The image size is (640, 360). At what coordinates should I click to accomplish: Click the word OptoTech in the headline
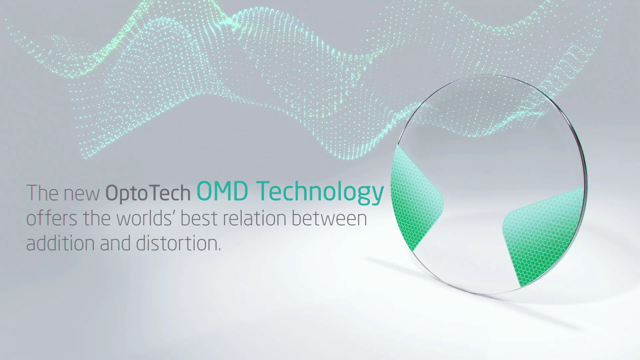[148, 193]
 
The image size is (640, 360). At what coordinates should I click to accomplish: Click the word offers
[52, 218]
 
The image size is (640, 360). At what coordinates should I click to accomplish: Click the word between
[329, 218]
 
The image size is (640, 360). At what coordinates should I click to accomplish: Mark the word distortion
[177, 243]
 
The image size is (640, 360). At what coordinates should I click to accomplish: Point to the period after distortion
[219, 249]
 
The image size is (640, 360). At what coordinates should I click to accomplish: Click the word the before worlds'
[97, 218]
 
